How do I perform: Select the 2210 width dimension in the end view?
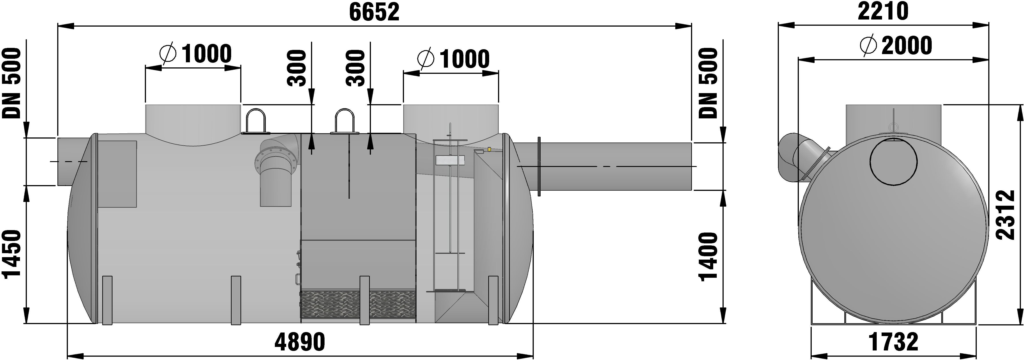click(x=883, y=12)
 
